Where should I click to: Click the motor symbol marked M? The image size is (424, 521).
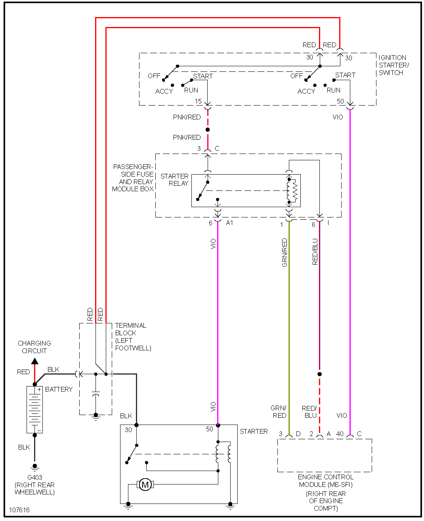(x=145, y=484)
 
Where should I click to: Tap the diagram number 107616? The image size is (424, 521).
(x=19, y=510)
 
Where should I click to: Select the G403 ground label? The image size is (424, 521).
(x=35, y=477)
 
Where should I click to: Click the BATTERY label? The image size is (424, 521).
(x=59, y=389)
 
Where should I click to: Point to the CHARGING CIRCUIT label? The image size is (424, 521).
(x=34, y=347)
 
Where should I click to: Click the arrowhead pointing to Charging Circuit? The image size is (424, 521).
(x=35, y=361)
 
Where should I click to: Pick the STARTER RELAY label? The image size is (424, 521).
(x=174, y=180)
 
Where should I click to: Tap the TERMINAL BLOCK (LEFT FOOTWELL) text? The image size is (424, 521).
(x=133, y=336)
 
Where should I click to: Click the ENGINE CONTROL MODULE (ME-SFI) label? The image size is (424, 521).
(x=326, y=481)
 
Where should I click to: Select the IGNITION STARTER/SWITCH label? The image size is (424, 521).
(x=393, y=65)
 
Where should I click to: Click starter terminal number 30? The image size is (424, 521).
(x=128, y=430)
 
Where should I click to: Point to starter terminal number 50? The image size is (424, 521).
(x=209, y=429)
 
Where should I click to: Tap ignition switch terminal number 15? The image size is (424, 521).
(x=198, y=101)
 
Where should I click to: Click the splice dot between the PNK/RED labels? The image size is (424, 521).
(x=208, y=130)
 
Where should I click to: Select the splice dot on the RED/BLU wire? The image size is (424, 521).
(x=319, y=374)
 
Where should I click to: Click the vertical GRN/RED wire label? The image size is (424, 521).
(x=285, y=252)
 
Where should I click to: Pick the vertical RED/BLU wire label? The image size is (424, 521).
(x=315, y=252)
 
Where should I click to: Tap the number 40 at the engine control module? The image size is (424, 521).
(x=340, y=434)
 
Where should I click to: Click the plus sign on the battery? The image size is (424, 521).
(x=39, y=389)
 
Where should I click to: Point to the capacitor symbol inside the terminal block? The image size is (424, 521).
(x=96, y=394)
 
